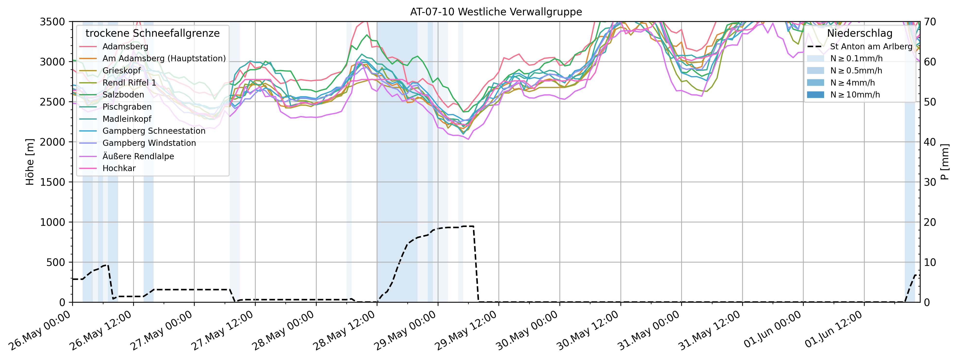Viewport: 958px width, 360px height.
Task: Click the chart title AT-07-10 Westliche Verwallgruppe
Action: tap(496, 12)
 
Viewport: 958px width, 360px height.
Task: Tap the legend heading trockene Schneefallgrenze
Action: tap(152, 33)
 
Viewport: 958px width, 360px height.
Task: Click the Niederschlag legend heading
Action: tap(859, 33)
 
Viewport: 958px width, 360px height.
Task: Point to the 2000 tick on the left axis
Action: tap(52, 142)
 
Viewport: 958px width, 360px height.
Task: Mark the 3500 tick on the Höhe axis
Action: tap(52, 22)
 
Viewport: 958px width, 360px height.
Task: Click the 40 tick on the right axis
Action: tap(930, 142)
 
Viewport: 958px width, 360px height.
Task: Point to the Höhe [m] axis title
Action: tap(30, 162)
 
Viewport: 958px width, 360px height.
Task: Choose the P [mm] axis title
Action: tap(945, 162)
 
